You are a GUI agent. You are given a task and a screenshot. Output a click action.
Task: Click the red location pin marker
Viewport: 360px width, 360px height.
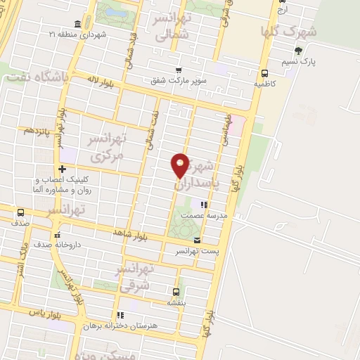click(181, 166)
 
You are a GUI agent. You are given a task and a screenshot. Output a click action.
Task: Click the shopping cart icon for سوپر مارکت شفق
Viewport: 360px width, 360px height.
click(179, 70)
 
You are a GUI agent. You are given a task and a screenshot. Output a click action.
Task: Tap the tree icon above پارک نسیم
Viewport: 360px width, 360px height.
click(298, 50)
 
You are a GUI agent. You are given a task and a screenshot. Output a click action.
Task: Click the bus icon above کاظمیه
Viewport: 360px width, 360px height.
click(264, 72)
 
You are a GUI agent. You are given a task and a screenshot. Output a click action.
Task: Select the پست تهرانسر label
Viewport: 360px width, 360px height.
click(197, 251)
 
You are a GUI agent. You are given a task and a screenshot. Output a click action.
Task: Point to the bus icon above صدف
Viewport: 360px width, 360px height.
click(20, 212)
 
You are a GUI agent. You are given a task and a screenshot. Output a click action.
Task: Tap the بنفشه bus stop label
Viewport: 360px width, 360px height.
click(176, 302)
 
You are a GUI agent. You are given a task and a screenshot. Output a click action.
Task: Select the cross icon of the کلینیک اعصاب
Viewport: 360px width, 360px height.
click(63, 169)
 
